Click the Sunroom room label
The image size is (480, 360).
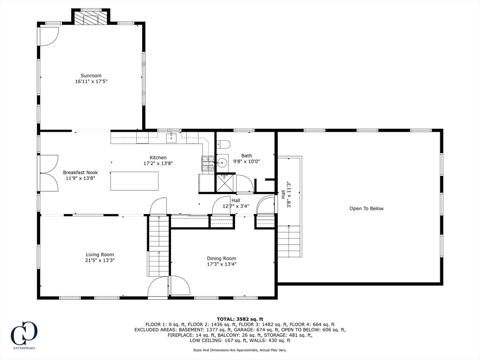point(91,75)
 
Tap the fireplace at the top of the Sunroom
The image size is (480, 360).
point(91,17)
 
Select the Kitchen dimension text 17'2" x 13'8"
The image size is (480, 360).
point(158,164)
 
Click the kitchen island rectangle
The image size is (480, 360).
point(134,181)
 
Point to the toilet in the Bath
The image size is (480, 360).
point(223,144)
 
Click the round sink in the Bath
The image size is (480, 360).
point(222,162)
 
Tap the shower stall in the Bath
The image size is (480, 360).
point(225,182)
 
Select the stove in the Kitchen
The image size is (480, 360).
point(208,163)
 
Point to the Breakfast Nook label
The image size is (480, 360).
point(80,172)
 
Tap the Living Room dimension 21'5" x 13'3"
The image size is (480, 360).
point(100,260)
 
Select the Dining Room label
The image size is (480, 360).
point(221,258)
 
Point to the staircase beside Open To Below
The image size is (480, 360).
point(289,241)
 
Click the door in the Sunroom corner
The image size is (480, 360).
point(48,35)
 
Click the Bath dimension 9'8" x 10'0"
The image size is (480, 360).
point(246,161)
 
